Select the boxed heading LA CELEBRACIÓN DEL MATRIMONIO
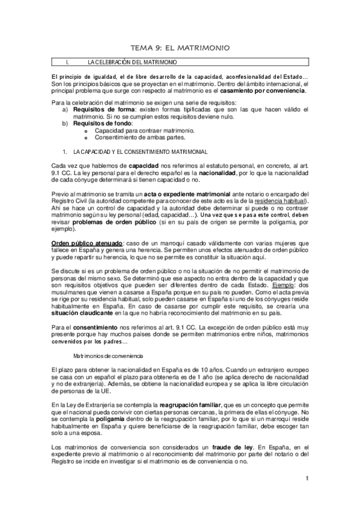click(x=132, y=62)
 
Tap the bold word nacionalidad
click(x=228, y=172)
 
